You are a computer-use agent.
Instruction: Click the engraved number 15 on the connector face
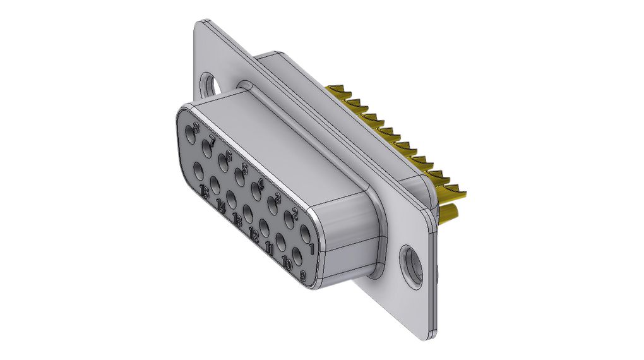coord(205,193)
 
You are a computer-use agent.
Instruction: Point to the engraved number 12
coord(254,236)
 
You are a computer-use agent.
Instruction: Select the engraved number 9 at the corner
coord(303,276)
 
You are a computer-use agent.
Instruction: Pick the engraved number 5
coord(244,167)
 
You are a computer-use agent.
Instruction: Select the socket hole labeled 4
coord(257,187)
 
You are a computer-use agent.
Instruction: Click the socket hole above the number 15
coord(198,171)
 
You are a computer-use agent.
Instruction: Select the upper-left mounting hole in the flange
coord(206,85)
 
